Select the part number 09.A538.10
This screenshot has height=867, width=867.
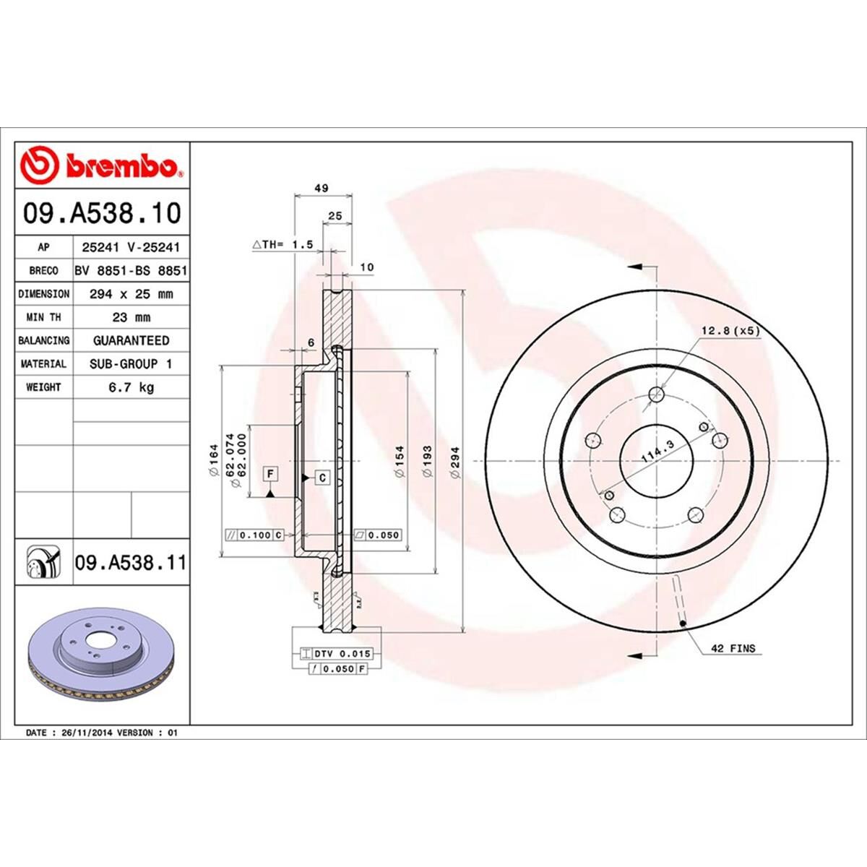click(x=101, y=214)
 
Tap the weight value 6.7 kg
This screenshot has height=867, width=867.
click(x=131, y=387)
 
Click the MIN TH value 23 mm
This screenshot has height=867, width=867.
click(x=131, y=317)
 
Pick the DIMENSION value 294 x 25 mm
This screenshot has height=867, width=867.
click(x=131, y=294)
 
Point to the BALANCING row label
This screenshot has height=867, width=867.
click(x=43, y=340)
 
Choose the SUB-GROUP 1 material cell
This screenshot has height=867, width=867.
click(x=131, y=364)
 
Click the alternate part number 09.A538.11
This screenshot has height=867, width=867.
click(x=130, y=562)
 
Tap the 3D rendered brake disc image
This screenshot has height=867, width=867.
click(x=101, y=657)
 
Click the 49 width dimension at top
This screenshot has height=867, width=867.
click(x=322, y=188)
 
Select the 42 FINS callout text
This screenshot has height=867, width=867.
click(x=733, y=649)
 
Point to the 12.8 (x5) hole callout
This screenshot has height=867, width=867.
click(x=730, y=331)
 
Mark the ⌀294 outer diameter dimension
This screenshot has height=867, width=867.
click(x=456, y=460)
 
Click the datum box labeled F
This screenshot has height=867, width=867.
click(x=270, y=473)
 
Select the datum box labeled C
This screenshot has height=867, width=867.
click(x=322, y=478)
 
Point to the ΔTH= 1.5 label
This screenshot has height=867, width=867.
click(x=282, y=245)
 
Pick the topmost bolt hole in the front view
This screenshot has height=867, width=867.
click(x=656, y=394)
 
